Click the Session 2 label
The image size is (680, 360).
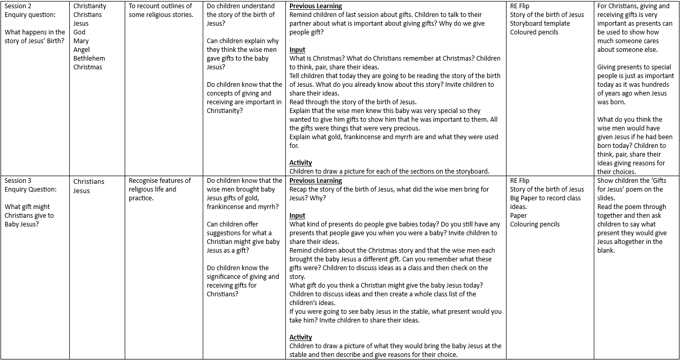(x=18, y=6)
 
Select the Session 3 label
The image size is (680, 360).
(x=18, y=181)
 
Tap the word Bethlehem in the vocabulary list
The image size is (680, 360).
(x=89, y=59)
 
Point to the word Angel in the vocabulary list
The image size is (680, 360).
(x=82, y=50)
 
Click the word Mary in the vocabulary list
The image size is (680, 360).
(x=81, y=41)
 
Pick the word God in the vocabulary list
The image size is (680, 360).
(x=80, y=32)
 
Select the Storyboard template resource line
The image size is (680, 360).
(x=540, y=24)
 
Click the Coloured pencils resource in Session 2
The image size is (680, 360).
(x=534, y=32)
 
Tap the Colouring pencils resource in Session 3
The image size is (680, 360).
(x=535, y=224)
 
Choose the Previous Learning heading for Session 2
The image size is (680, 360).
(x=316, y=6)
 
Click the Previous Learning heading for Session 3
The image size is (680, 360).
(x=316, y=181)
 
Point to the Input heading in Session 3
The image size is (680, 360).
(x=297, y=216)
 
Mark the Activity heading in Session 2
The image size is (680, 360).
(x=301, y=163)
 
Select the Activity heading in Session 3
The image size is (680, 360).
(x=301, y=337)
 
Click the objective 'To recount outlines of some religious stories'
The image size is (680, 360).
(x=161, y=10)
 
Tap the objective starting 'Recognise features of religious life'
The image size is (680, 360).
(x=160, y=190)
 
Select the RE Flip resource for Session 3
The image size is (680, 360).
(x=519, y=181)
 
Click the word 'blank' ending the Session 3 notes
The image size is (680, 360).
(x=606, y=251)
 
